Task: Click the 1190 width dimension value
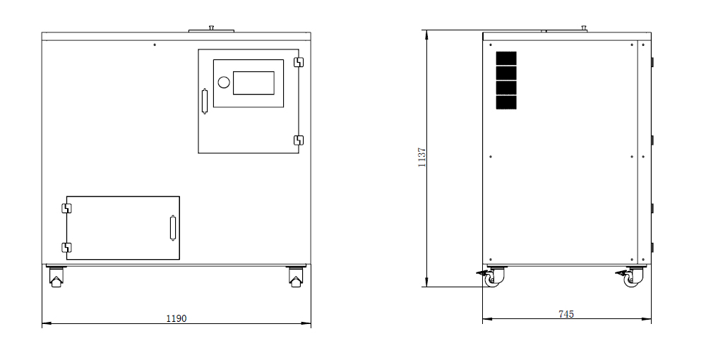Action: click(176, 318)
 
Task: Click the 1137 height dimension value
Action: click(422, 157)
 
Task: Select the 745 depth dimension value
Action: click(566, 314)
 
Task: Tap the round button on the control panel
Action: click(224, 82)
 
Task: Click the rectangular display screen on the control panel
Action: click(253, 83)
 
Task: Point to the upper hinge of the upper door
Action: click(299, 62)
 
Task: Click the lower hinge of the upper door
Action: click(299, 140)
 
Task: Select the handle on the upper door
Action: click(205, 101)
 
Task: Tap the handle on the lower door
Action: click(172, 228)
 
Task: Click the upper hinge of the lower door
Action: click(66, 208)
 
